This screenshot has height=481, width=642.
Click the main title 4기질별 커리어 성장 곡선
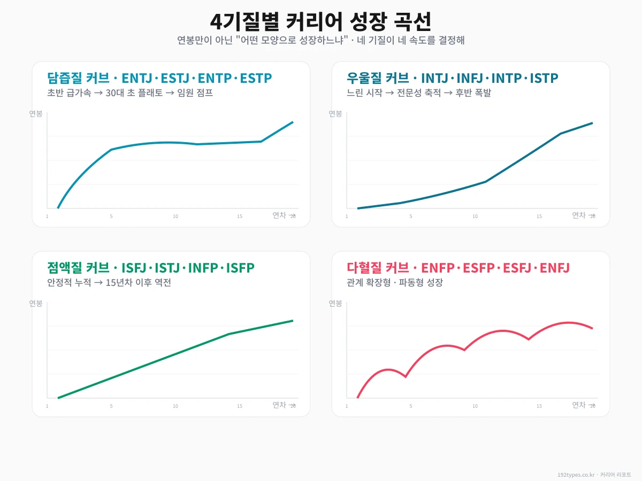pos(320,22)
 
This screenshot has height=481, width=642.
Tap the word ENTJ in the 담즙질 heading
pos(137,78)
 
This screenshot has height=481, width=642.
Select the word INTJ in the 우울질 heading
pos(435,78)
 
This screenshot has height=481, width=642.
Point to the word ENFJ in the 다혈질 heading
pos(554,268)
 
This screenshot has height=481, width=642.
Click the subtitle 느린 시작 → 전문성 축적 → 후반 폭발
pos(419,93)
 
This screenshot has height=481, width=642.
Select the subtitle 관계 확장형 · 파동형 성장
pos(395,283)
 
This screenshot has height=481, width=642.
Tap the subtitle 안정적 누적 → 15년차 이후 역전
pos(109,283)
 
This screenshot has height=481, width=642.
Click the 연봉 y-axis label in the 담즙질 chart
pos(36,113)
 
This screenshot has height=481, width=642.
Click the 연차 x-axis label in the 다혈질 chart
pos(579,405)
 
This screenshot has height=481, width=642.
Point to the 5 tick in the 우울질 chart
pos(411,216)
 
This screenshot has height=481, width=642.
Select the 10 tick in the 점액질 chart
pos(175,406)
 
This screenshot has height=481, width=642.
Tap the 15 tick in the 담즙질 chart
pos(240,216)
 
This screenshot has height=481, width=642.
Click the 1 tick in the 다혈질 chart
pos(347,406)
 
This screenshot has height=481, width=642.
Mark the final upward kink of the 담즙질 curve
pos(261,141)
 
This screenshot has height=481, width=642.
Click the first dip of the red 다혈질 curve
pos(406,377)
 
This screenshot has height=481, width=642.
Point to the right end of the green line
pos(293,321)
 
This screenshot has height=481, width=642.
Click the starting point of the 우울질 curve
pos(358,208)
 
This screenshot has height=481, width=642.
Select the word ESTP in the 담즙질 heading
pos(256,78)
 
